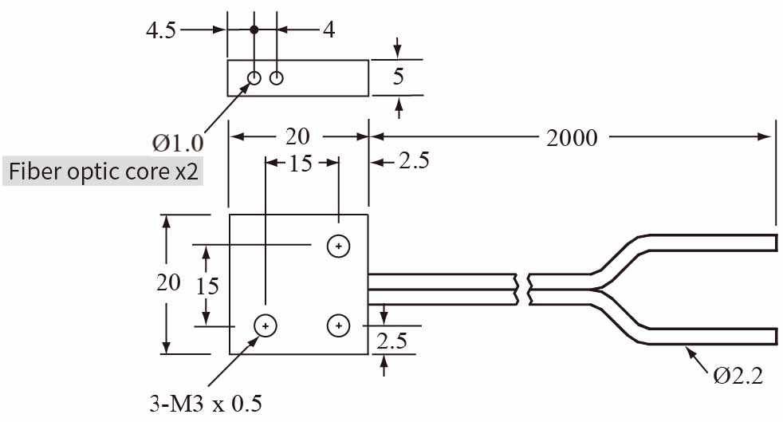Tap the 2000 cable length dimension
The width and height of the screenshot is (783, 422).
point(572,137)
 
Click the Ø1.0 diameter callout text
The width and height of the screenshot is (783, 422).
point(178,144)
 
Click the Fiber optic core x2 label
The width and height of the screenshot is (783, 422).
point(103,172)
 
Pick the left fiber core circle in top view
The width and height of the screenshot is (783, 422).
point(254,77)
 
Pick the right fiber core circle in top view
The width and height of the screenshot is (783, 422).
point(277,77)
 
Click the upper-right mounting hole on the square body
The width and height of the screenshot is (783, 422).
point(339,246)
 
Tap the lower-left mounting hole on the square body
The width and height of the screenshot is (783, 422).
point(265,325)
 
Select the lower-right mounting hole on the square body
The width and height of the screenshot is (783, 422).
point(339,325)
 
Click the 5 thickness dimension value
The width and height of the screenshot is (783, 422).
point(399,77)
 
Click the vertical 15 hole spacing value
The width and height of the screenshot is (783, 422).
point(207,286)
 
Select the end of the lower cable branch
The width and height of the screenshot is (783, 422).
point(774,335)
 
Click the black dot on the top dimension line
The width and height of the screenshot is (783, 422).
point(254,30)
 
